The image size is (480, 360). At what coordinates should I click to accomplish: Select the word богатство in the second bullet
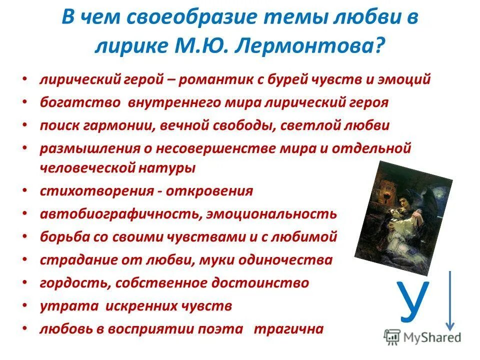80,102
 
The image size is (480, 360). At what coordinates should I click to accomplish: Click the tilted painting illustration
404,214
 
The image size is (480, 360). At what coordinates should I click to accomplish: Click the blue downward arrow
451,300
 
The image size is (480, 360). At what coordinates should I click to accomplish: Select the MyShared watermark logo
422,336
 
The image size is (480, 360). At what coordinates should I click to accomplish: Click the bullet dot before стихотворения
25,191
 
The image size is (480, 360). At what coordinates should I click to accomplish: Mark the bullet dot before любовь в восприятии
25,329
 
